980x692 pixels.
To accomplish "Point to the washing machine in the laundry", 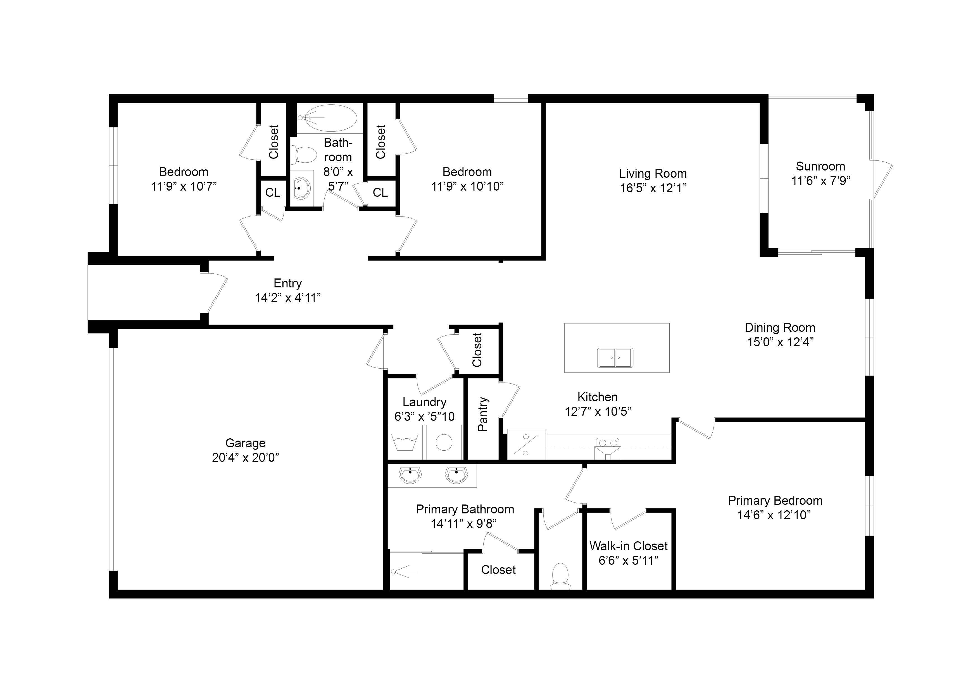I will pyautogui.click(x=404, y=443).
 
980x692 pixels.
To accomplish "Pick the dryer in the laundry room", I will pyautogui.click(x=444, y=443).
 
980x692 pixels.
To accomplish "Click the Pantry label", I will pyautogui.click(x=483, y=414).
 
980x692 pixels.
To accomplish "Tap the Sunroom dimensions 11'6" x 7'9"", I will pyautogui.click(x=820, y=181).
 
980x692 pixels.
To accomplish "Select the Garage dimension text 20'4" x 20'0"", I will pyautogui.click(x=246, y=458).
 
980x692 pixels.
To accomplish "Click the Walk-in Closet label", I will pyautogui.click(x=628, y=546).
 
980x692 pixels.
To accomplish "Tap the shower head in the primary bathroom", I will pyautogui.click(x=400, y=571).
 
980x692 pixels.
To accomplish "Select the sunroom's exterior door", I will pyautogui.click(x=882, y=180).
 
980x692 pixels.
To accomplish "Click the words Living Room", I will pyautogui.click(x=653, y=174).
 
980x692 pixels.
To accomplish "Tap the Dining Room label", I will pyautogui.click(x=780, y=328).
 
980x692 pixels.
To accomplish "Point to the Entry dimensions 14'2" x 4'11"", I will pyautogui.click(x=288, y=298).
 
